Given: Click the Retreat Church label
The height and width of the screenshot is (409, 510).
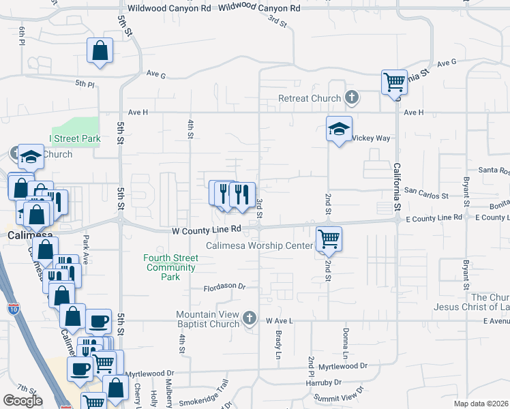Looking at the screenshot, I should (x=309, y=98).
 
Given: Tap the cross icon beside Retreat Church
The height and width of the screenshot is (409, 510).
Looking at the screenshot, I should (x=352, y=98).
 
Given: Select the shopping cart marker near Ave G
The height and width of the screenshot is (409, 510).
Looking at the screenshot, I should (x=394, y=83).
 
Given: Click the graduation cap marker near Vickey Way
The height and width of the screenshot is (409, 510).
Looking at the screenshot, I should (x=339, y=130).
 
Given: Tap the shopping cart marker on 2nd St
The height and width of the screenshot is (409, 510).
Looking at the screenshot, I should (x=329, y=239).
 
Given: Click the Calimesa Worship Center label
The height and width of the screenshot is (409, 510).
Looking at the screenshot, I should (x=260, y=245).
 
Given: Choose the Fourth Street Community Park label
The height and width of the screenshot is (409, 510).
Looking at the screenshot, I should (x=171, y=267).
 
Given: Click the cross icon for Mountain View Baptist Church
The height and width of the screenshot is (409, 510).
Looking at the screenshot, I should (x=250, y=318).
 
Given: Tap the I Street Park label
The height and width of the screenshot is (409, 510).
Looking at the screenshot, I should (x=75, y=138).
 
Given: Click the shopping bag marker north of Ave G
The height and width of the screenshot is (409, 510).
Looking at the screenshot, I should (x=100, y=51).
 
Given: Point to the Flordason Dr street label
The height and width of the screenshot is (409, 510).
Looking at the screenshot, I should (x=224, y=288).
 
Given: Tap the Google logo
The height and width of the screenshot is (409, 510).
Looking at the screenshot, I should (x=22, y=401).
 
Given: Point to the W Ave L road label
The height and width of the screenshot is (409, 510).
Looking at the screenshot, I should (x=279, y=320).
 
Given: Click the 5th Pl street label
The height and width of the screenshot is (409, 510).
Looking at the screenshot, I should (x=85, y=83).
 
